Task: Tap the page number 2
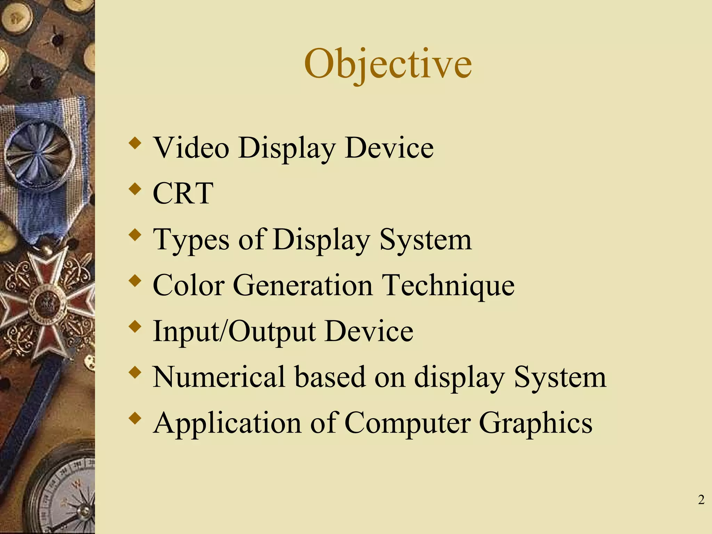pyautogui.click(x=701, y=500)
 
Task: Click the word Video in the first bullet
pyautogui.click(x=191, y=148)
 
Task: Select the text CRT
pyautogui.click(x=183, y=193)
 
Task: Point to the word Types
pyautogui.click(x=191, y=240)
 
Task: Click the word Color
pyautogui.click(x=188, y=285)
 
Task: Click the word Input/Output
pyautogui.click(x=234, y=331)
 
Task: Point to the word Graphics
pyautogui.click(x=535, y=423)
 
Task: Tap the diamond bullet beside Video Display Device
pyautogui.click(x=135, y=143)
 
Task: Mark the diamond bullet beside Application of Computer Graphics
pyautogui.click(x=135, y=418)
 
